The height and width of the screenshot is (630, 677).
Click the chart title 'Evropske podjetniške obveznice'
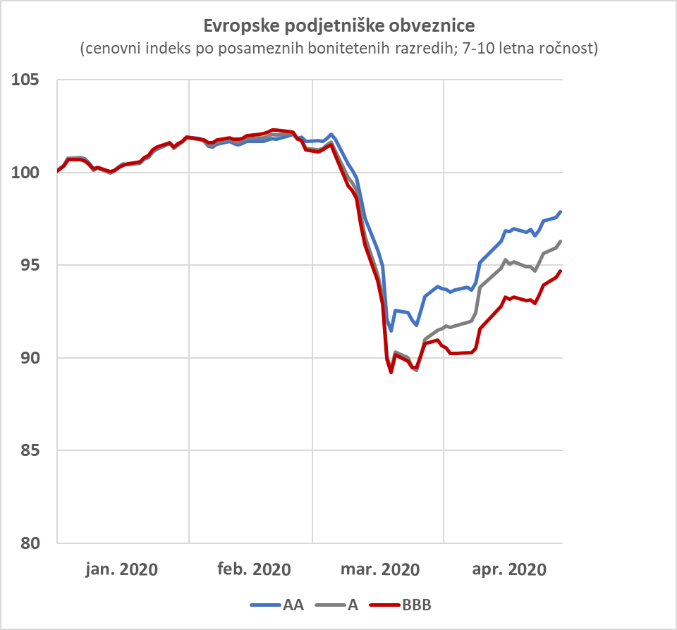[339, 26]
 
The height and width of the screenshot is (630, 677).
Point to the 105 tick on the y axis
[25, 80]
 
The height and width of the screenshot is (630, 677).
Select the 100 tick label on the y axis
[25, 173]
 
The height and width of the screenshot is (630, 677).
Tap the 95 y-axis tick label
[30, 265]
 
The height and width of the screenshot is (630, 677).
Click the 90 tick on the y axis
[30, 358]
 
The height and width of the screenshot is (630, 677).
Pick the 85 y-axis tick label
[30, 450]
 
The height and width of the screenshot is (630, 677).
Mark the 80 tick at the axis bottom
[30, 543]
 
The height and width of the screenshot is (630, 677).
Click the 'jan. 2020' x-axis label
[122, 569]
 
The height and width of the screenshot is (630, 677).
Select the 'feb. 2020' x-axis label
[254, 569]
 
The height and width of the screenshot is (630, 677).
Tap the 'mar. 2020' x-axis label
[380, 569]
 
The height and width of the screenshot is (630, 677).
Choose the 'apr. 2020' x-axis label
[509, 569]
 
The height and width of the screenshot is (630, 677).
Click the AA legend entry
[276, 605]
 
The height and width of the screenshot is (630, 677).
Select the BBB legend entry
[401, 605]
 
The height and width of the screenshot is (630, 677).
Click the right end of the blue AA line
[561, 211]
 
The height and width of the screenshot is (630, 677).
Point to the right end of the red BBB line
[561, 271]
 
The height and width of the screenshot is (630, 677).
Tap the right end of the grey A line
[561, 241]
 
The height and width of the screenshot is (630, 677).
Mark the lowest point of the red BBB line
[391, 372]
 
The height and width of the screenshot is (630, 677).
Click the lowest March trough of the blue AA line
[391, 331]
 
